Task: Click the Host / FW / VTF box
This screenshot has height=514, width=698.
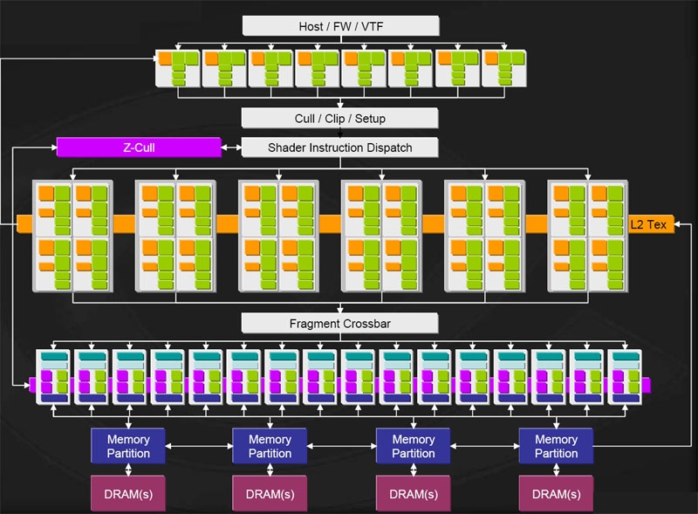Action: tap(339, 26)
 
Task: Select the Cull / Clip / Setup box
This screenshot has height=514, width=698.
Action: tap(339, 118)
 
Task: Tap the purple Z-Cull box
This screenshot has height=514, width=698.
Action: tap(139, 147)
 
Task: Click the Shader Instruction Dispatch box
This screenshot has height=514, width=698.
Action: tap(339, 147)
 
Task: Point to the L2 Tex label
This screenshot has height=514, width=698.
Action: tap(648, 224)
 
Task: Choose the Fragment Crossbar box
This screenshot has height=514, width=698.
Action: tap(339, 324)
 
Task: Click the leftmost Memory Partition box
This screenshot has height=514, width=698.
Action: tap(127, 446)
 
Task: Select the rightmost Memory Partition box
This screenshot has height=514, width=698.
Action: tap(555, 446)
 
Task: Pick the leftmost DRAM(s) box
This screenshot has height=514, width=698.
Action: tap(127, 494)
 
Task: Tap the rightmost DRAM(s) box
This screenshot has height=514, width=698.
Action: tap(555, 494)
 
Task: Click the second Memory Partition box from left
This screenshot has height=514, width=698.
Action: tap(270, 446)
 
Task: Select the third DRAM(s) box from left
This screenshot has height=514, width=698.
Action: tap(413, 494)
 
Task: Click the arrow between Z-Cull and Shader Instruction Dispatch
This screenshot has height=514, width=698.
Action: tap(231, 147)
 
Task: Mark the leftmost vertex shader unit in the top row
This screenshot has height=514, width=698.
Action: tap(178, 67)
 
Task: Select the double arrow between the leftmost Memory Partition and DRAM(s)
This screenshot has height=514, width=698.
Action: tap(127, 469)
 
